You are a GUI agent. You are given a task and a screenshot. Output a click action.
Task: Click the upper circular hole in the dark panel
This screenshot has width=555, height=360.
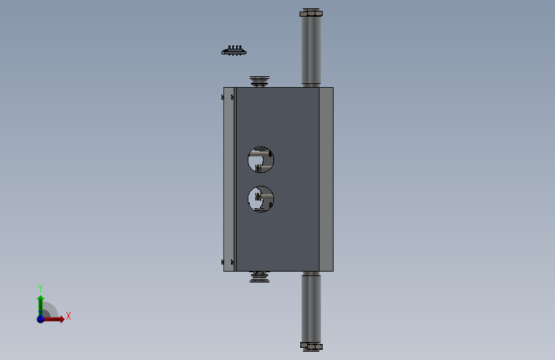coord(261,160)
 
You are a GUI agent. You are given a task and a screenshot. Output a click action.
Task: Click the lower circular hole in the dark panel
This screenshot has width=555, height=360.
coord(261,199)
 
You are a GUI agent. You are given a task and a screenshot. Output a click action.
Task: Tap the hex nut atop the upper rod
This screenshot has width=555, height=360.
coord(311,13)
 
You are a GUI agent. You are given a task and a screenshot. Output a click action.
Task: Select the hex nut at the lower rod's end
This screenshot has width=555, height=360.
coord(311,346)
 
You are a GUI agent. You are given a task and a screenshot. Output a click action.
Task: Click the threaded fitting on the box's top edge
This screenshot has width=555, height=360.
coord(259,81)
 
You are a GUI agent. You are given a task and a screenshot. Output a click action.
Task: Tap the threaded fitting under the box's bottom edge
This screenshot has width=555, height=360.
coord(259,277)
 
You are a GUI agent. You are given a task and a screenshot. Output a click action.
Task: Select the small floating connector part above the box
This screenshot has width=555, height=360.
coord(234,51)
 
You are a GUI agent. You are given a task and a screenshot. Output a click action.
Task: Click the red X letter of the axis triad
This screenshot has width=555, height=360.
coord(68,316)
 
